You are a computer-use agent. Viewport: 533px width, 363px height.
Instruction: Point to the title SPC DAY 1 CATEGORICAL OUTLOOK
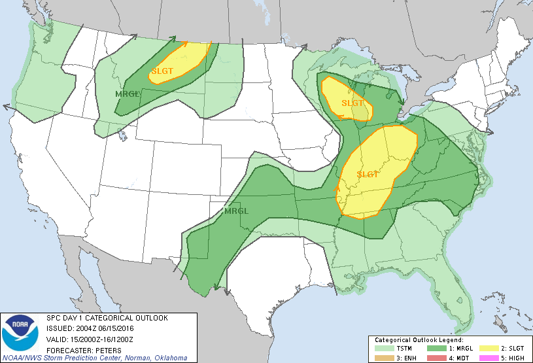[107, 318]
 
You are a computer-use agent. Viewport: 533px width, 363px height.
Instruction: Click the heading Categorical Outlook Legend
[419, 340]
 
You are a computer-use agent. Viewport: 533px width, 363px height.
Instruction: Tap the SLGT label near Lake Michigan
[352, 103]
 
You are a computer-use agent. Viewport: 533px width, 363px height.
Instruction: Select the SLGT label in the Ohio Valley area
[368, 175]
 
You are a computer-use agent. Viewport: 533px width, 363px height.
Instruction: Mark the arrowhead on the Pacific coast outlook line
[7, 106]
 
